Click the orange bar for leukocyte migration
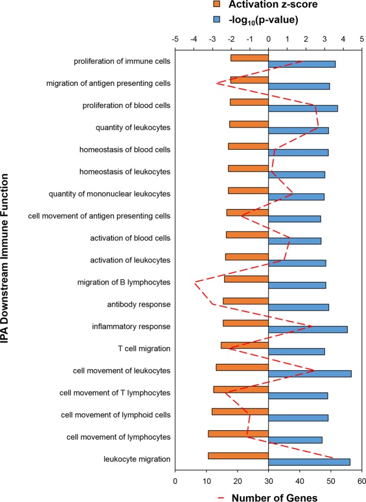[x=238, y=456]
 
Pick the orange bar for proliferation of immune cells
[x=249, y=58]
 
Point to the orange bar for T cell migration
[x=245, y=345]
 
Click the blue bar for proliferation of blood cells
[x=303, y=108]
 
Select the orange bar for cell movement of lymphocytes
[x=238, y=433]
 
